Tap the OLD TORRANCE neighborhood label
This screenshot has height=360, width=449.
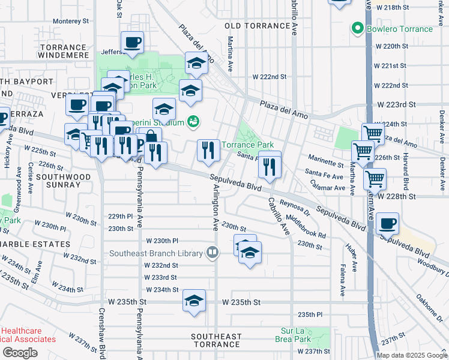click(x=258, y=26)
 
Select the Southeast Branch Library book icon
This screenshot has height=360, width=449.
click(x=212, y=253)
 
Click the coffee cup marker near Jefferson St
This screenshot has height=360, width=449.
click(x=132, y=43)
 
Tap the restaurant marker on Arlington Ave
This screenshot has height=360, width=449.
click(x=208, y=151)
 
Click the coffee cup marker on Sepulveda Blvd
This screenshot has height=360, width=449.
click(x=387, y=224)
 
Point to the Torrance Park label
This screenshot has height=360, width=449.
click(x=248, y=145)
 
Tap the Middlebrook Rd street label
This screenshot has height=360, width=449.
click(x=306, y=226)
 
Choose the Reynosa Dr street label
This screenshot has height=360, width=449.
click(x=293, y=206)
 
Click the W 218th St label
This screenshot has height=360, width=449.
click(x=391, y=7)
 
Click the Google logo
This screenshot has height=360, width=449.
click(x=20, y=352)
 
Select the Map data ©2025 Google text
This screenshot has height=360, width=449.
click(x=412, y=355)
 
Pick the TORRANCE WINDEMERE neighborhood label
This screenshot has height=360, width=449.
click(x=62, y=52)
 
